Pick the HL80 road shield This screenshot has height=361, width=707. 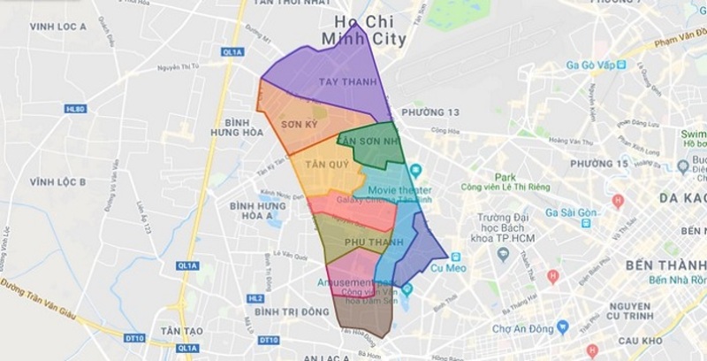pyautogui.click(x=77, y=110)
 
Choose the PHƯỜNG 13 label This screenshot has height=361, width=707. pyautogui.click(x=431, y=112)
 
